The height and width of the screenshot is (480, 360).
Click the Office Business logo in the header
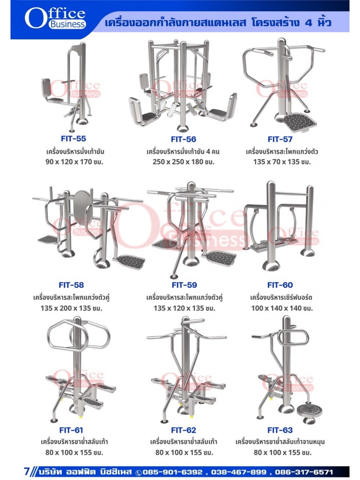(55, 18)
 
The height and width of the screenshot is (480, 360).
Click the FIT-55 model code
(73, 139)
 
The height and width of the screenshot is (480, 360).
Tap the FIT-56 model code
(183, 139)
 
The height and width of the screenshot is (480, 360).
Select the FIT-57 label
(280, 139)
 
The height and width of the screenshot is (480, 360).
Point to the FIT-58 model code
(71, 285)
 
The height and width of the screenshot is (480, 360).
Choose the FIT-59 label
(184, 285)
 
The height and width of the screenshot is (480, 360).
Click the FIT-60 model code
(280, 285)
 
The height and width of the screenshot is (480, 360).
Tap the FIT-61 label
(71, 430)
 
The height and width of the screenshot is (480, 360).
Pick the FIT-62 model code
(184, 430)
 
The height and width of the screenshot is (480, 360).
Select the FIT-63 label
(280, 430)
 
